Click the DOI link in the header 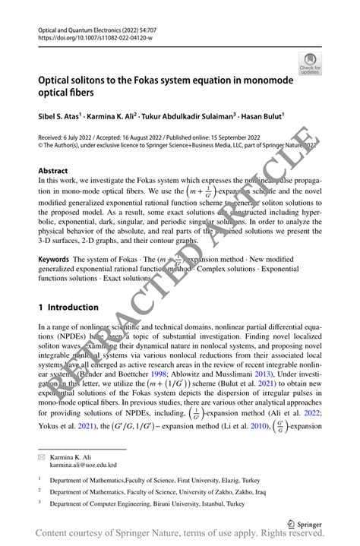click(90, 34)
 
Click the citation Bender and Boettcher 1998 click(127, 374)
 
